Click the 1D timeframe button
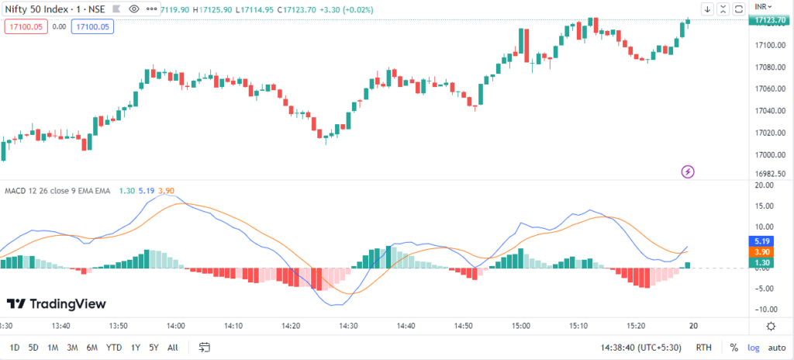tap(15, 347)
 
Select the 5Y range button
tap(154, 347)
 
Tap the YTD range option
tap(114, 347)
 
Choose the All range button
tap(172, 347)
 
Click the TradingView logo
tap(56, 304)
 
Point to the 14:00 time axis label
tap(176, 326)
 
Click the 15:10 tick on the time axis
tap(578, 326)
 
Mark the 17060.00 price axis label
tap(764, 88)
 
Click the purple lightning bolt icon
tap(687, 171)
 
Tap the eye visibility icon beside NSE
tap(133, 9)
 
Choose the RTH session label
tap(704, 347)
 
